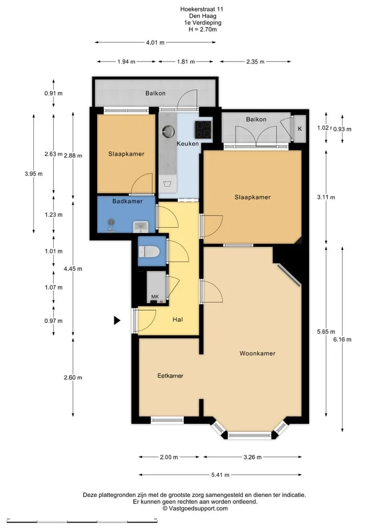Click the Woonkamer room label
[x=257, y=353]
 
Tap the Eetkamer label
[x=170, y=375]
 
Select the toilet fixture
[x=149, y=252]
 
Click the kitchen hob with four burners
[x=203, y=129]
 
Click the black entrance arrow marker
[x=117, y=321]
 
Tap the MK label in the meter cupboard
[x=155, y=297]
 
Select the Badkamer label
[x=127, y=201]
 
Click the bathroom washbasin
[x=140, y=227]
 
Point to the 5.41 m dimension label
[x=220, y=475]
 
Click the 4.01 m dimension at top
[x=155, y=42]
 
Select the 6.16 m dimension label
[x=342, y=339]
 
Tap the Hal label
[x=178, y=320]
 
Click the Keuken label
[x=187, y=144]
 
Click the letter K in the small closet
[x=300, y=128]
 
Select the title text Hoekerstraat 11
[x=202, y=9]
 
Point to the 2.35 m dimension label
[x=255, y=62]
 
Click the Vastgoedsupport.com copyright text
[x=195, y=509]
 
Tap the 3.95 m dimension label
[x=33, y=174]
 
